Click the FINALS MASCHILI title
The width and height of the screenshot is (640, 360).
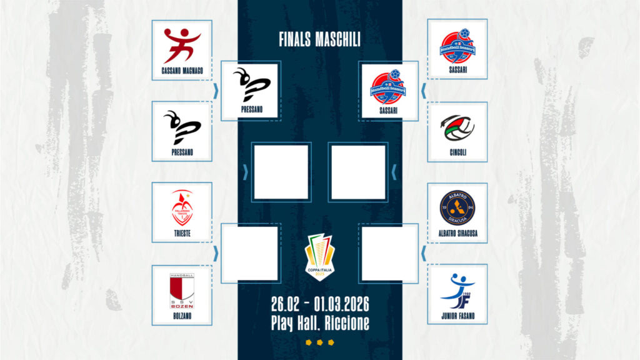coord(319,39)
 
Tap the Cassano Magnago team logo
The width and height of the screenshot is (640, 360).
coord(182,46)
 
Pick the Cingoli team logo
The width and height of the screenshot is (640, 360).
coord(457,127)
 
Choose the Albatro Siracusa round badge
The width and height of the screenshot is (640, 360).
coord(457,207)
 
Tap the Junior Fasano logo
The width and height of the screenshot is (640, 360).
coord(457,289)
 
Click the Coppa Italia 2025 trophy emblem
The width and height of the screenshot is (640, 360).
coord(319,256)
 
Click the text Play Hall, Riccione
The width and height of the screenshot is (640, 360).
coord(319,323)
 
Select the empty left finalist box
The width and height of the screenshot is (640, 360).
coord(281,172)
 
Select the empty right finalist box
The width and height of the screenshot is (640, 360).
coord(358,172)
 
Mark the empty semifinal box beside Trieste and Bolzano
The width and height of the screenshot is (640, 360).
coord(250,253)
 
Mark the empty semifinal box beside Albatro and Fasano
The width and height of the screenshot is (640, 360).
coord(389,253)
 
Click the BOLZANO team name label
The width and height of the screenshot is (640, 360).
coord(182,316)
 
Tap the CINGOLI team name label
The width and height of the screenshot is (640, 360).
coord(457,152)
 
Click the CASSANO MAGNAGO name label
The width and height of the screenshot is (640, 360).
coord(182,71)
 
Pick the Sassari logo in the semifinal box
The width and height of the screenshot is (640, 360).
coord(389,87)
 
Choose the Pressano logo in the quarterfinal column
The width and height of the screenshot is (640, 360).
coord(182,127)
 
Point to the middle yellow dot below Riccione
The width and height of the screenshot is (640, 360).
coord(319,342)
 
